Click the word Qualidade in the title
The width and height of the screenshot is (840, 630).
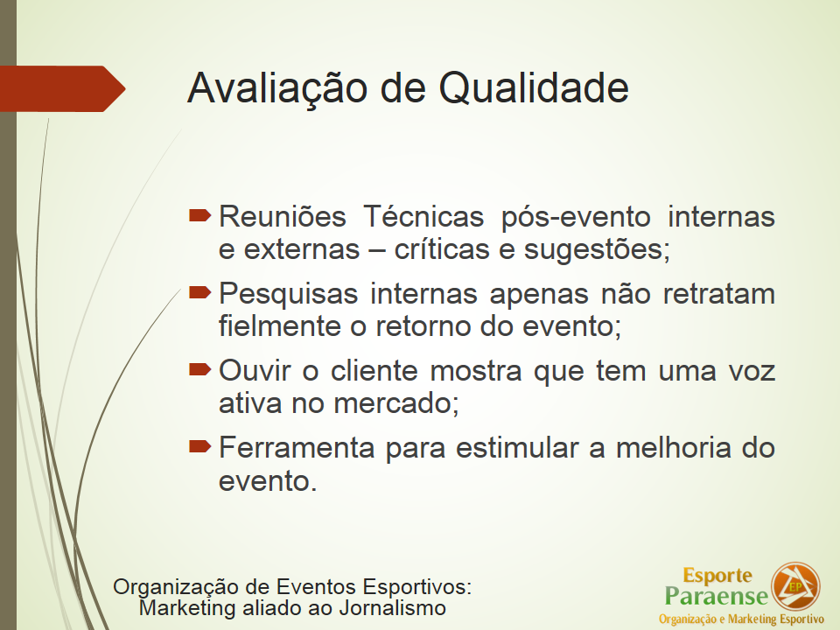(534, 88)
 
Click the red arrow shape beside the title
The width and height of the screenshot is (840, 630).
(63, 88)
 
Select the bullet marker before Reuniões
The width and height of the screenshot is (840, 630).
(199, 215)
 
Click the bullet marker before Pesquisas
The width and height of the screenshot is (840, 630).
(199, 292)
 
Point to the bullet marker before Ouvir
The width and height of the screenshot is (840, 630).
(199, 369)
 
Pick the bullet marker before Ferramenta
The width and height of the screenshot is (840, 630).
(199, 446)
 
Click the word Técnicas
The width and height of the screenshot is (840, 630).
(423, 216)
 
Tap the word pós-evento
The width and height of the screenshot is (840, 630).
(576, 218)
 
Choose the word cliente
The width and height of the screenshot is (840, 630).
(374, 371)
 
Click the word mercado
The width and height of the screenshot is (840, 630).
(396, 403)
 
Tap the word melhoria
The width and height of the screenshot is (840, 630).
(673, 448)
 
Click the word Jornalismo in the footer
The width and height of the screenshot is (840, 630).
(392, 608)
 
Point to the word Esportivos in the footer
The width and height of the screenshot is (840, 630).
(416, 586)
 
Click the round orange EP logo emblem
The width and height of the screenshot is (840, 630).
(795, 586)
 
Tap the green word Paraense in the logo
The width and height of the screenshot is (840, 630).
(717, 596)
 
